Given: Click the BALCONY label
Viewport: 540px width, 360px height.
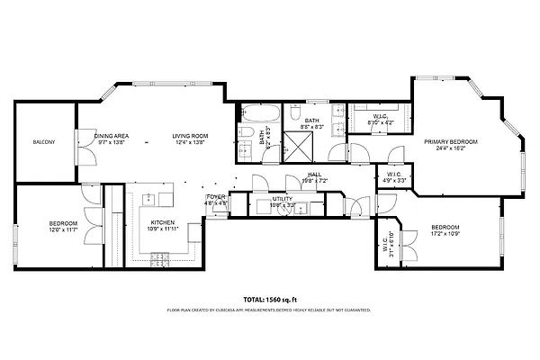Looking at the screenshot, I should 45,143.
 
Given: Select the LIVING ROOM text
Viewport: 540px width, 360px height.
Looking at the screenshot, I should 190,137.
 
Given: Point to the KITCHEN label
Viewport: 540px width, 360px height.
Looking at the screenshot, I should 162,222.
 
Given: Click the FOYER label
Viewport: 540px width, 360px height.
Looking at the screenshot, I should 216,196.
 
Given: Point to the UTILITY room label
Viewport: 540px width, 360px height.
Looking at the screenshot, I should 283,200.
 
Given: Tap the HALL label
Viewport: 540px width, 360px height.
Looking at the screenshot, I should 314,175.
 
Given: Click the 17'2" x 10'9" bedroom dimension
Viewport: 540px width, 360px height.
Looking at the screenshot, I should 445,232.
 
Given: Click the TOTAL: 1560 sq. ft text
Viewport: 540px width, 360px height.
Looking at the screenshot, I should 269,299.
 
